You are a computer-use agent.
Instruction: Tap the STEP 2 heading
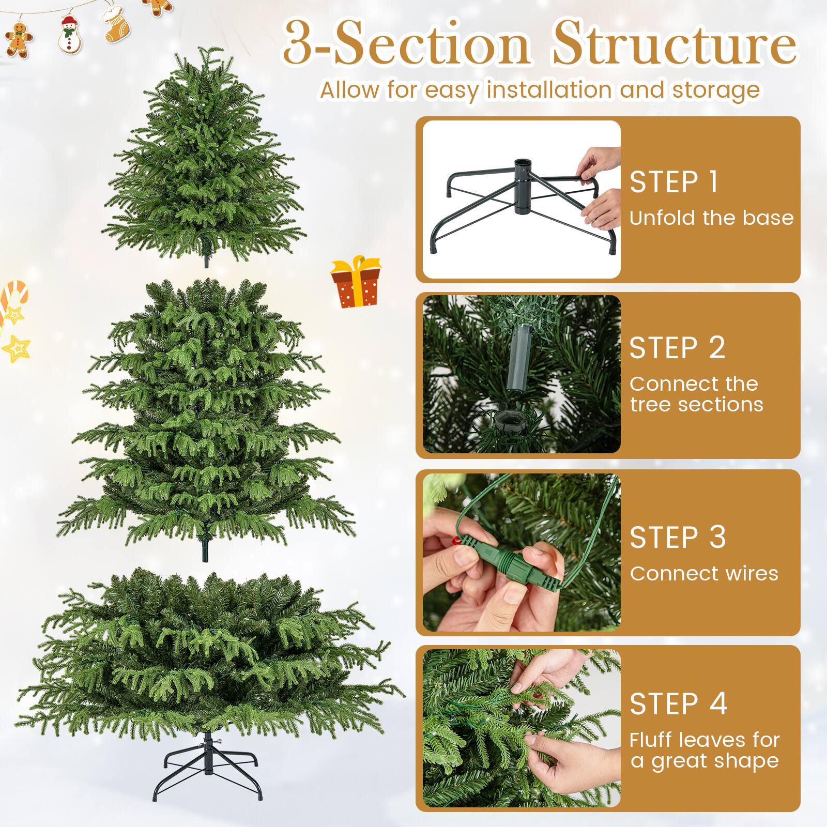(x=677, y=347)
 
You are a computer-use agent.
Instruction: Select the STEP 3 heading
(x=678, y=538)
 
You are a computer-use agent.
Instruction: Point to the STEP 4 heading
(x=678, y=704)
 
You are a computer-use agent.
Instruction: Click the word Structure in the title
(x=675, y=44)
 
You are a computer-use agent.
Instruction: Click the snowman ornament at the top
(x=69, y=34)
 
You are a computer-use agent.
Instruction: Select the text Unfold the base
(x=711, y=218)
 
